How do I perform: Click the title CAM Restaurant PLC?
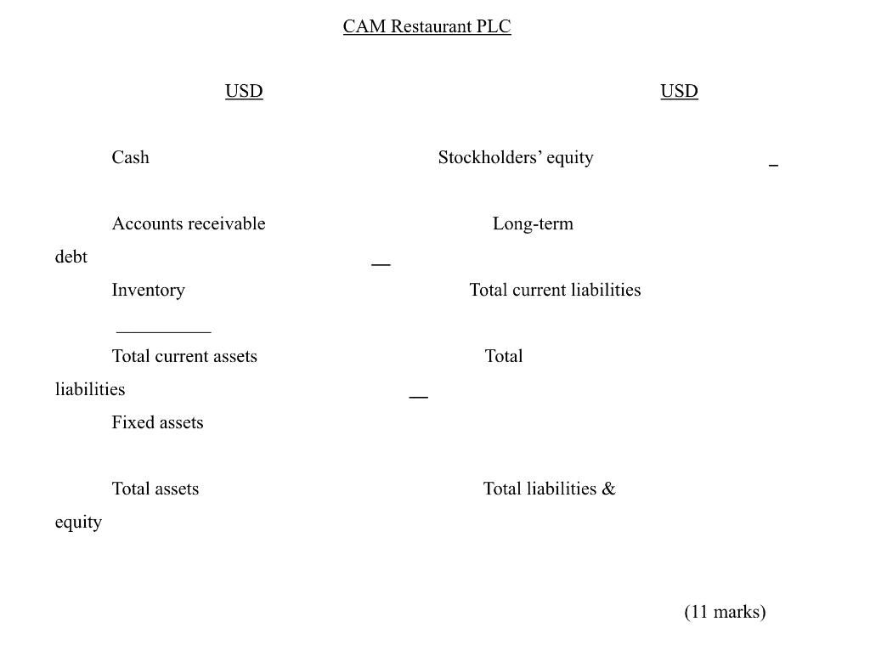point(427,26)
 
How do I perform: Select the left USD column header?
point(244,91)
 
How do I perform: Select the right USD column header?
point(679,91)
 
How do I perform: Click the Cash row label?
point(130,157)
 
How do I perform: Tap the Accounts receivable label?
point(188,223)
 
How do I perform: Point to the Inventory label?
point(148,290)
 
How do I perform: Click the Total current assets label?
point(184,356)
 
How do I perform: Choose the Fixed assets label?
point(157,422)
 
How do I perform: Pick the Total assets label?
point(155,489)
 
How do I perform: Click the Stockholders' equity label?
point(515,157)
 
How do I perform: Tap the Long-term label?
point(533,223)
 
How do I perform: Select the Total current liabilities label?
point(555,290)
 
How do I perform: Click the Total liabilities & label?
point(549,489)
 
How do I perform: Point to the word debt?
point(71,257)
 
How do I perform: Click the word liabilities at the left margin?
point(89,389)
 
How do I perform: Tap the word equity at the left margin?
point(78,522)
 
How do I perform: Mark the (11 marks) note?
point(725,612)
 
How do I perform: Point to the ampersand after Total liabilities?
point(608,489)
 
